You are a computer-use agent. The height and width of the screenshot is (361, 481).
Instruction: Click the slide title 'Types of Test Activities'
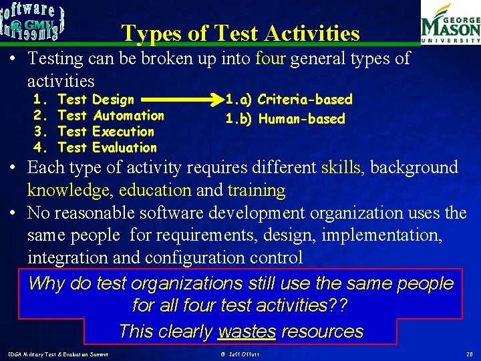click(240, 33)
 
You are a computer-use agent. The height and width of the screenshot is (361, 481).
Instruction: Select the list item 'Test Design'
click(96, 100)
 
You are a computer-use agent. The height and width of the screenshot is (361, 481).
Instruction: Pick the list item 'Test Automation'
click(110, 116)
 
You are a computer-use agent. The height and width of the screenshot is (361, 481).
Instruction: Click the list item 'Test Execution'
click(106, 132)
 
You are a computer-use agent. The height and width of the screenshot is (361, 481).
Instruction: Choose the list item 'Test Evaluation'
click(107, 148)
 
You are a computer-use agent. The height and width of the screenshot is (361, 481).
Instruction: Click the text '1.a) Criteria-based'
click(289, 100)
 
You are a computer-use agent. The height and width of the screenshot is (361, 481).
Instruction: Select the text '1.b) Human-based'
click(285, 119)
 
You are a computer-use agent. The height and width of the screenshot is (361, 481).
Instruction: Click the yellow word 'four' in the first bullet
click(271, 59)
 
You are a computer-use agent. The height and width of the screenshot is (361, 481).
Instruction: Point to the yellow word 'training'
click(257, 190)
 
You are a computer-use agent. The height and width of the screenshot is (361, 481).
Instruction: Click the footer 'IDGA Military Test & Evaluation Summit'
click(59, 353)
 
